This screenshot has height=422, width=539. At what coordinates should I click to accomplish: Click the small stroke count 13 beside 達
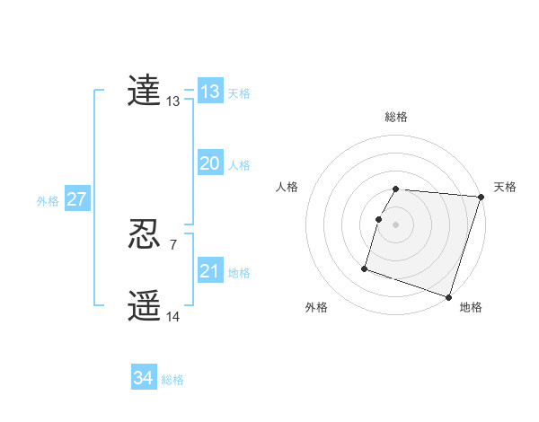173,102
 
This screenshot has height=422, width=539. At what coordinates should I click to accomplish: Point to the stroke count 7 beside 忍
173,245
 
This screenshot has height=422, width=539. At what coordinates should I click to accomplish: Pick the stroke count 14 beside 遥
173,317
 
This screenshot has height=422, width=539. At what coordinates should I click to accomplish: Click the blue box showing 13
210,92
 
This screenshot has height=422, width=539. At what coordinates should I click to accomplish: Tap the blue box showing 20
210,163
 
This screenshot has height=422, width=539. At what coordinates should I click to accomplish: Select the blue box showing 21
210,271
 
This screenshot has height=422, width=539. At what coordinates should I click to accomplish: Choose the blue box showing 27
76,199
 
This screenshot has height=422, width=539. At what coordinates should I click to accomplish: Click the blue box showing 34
144,378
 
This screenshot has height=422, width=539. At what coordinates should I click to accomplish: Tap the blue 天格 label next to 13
239,93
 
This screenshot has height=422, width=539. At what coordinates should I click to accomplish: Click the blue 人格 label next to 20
239,165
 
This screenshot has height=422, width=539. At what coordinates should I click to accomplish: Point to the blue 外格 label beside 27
48,201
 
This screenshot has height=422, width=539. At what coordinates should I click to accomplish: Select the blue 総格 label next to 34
172,380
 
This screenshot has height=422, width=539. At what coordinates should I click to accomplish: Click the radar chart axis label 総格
396,117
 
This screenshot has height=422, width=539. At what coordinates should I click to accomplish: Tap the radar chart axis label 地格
471,307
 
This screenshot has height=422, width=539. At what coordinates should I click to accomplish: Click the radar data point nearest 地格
448,297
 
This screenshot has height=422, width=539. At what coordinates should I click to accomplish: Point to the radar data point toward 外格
365,268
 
